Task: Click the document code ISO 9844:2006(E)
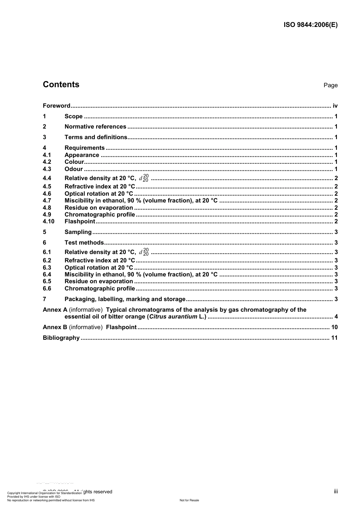[x=310, y=25]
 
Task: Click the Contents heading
[x=61, y=85]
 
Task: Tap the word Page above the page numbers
[x=330, y=85]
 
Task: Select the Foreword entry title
[x=56, y=106]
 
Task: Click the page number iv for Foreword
[x=335, y=106]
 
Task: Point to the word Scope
[x=74, y=116]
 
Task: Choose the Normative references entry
[x=95, y=127]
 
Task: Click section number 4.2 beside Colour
[x=47, y=162]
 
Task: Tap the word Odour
[x=74, y=169]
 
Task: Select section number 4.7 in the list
[x=47, y=201]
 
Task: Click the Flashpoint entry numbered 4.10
[x=80, y=221]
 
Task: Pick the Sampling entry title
[x=78, y=232]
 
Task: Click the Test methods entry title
[x=84, y=243]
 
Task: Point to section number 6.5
[x=47, y=281]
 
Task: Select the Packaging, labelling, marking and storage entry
[x=125, y=299]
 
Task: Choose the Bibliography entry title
[x=61, y=338]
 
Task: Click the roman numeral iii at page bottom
[x=336, y=491]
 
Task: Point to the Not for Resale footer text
[x=189, y=500]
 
